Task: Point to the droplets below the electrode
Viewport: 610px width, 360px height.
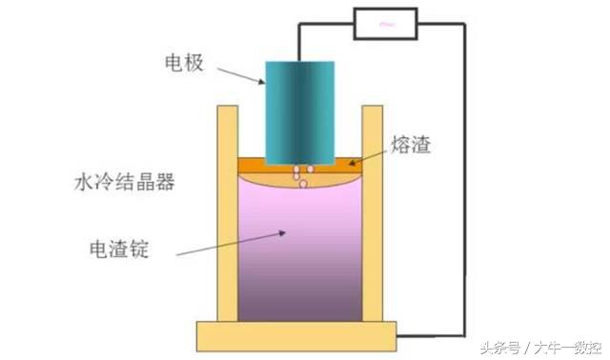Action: point(299,175)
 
